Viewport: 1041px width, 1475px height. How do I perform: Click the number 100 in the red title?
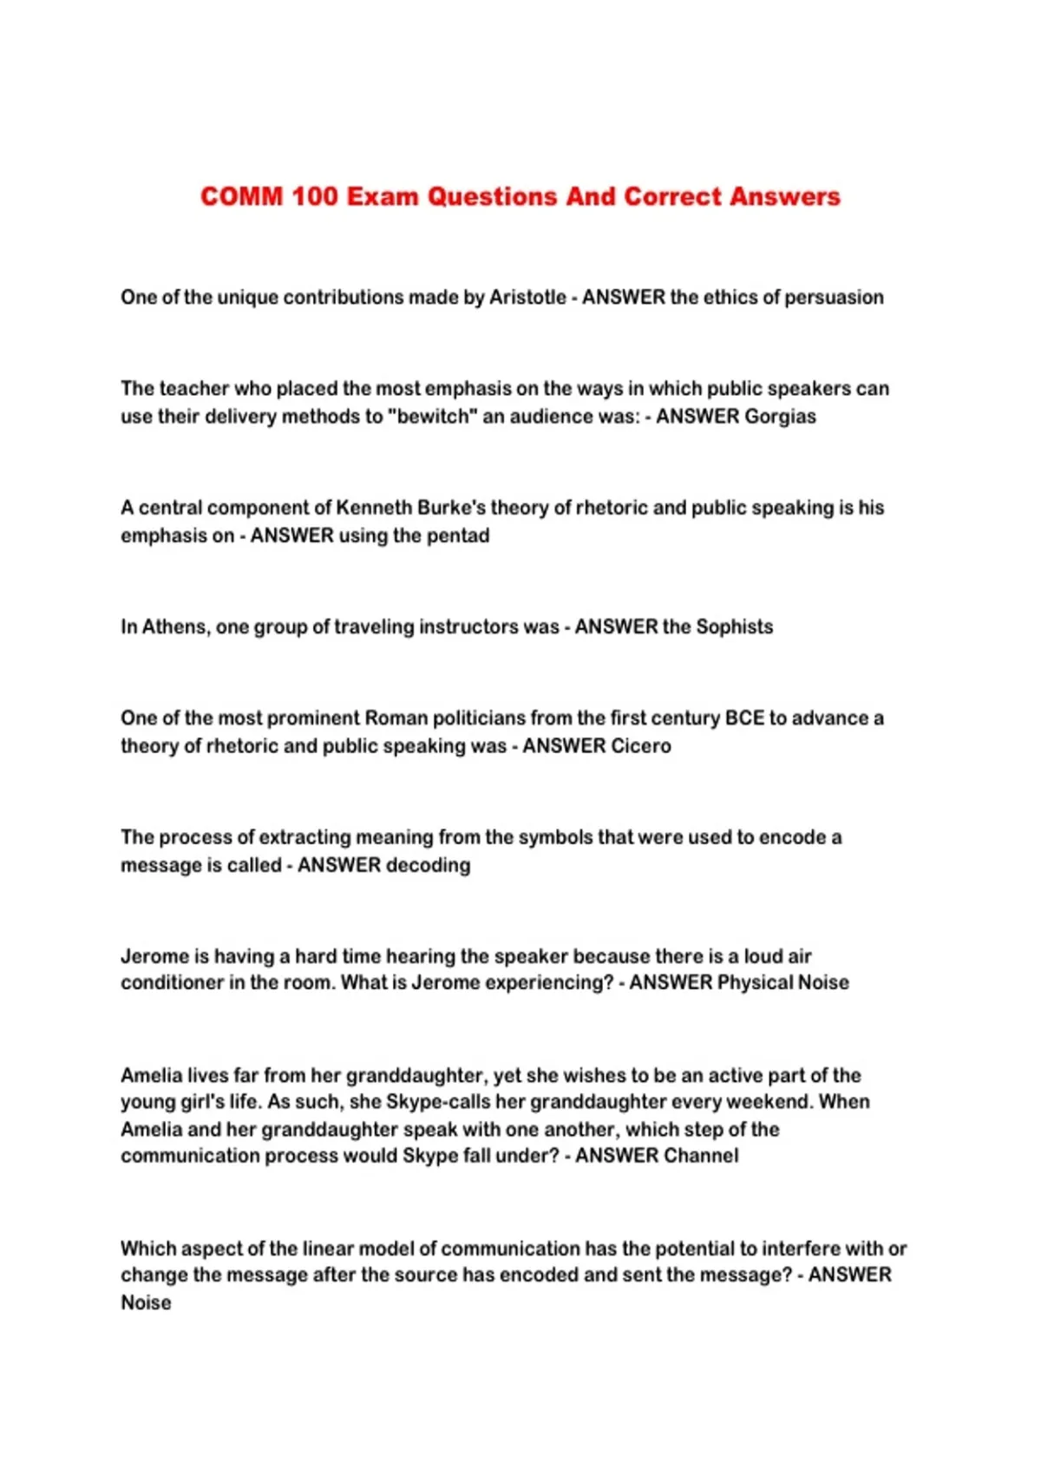click(x=314, y=196)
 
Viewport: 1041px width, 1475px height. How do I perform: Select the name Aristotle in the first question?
click(x=527, y=297)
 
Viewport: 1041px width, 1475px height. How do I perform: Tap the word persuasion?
click(x=834, y=297)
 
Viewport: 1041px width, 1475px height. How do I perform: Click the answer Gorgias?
click(x=780, y=416)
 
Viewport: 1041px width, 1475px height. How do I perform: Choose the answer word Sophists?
click(x=734, y=626)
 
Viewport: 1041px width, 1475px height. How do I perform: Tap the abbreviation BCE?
click(x=744, y=718)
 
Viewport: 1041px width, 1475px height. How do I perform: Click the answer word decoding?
click(x=428, y=865)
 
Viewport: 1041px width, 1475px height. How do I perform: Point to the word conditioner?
click(x=172, y=982)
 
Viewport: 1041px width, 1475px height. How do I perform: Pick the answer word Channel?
click(x=700, y=1156)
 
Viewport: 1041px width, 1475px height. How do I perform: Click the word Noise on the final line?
click(x=146, y=1302)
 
